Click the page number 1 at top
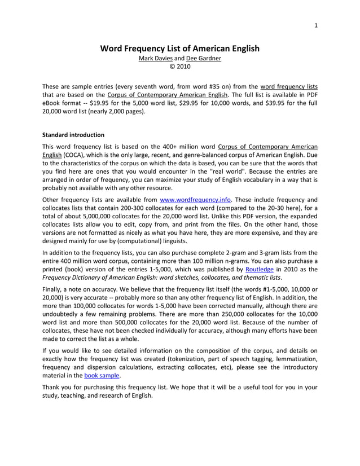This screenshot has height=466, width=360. tap(316, 25)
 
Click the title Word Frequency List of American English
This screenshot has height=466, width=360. tap(180, 49)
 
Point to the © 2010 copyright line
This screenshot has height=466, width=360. tap(180, 67)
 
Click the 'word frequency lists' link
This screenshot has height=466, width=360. tap(289, 86)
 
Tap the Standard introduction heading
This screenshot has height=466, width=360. tap(73, 135)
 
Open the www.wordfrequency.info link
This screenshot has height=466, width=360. tap(196, 199)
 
